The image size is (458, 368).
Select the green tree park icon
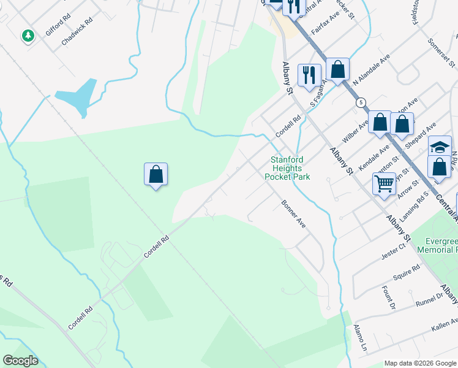pos(27,36)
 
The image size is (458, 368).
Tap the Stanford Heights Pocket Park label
pos(287,169)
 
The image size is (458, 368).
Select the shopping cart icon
pos(384,182)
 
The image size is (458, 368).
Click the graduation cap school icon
pos(440,147)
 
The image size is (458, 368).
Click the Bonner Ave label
pos(293,214)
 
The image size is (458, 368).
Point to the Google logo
pos(20,361)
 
